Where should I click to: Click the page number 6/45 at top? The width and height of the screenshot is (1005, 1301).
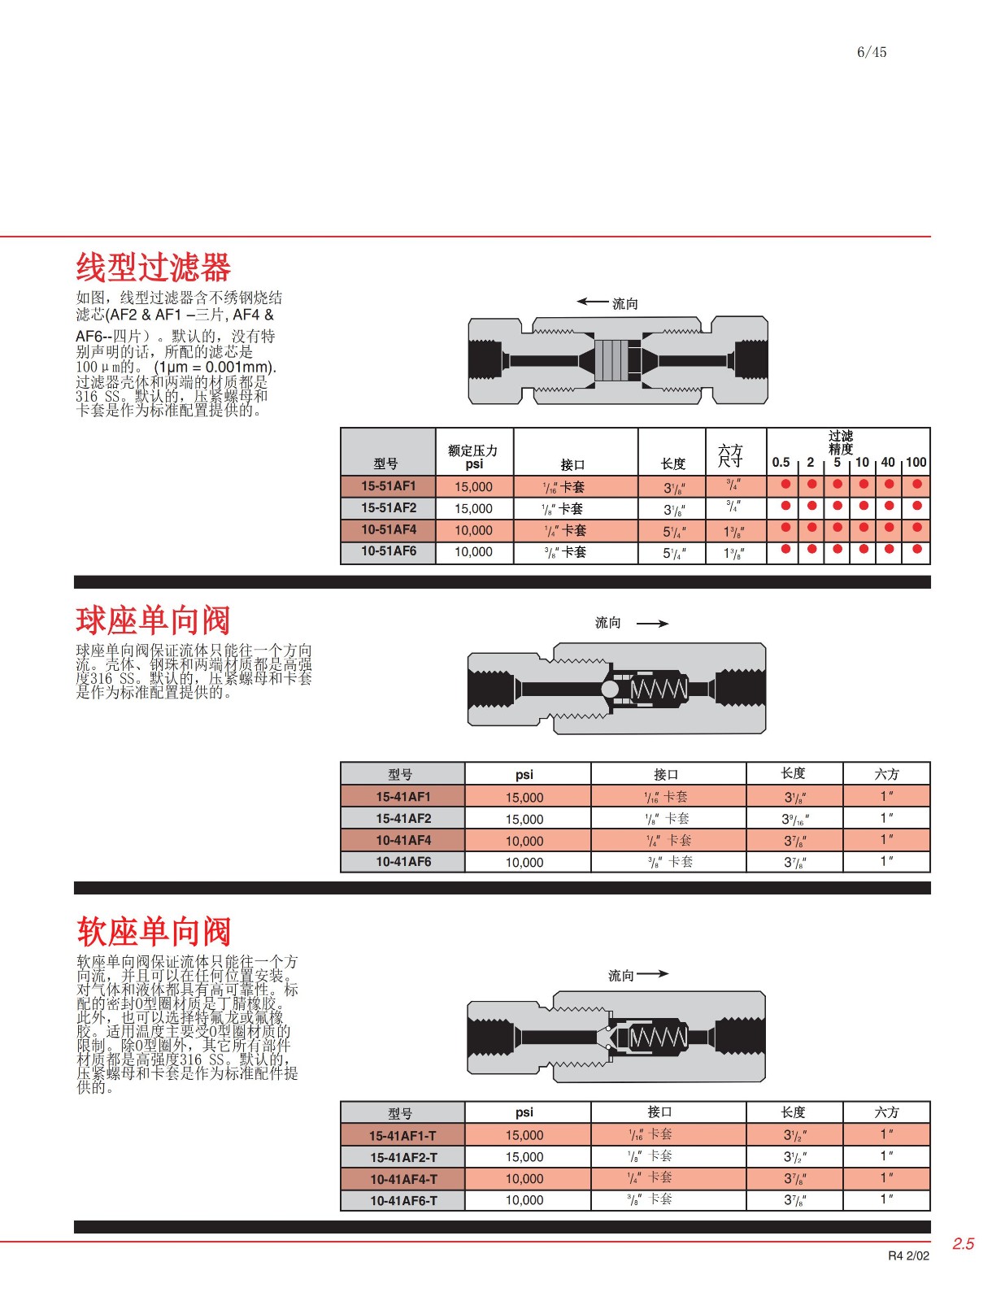(871, 52)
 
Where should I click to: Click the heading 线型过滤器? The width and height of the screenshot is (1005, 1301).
(153, 268)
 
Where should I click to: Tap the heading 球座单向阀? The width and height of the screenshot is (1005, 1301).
(153, 620)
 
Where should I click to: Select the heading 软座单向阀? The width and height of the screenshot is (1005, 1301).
(154, 931)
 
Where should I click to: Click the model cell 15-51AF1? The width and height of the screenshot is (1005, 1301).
(388, 486)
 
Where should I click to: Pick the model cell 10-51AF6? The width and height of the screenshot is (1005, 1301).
(388, 551)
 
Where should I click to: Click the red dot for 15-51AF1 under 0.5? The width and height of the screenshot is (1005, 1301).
(785, 485)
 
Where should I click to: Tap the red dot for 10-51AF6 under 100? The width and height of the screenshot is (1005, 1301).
(916, 550)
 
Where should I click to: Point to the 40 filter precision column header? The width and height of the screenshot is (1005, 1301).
(888, 462)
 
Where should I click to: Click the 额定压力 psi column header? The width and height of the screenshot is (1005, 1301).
(473, 457)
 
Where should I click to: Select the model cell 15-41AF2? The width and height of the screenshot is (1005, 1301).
(402, 819)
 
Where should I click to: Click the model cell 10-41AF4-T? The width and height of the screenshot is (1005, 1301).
(402, 1179)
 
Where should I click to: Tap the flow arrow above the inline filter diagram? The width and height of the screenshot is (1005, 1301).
(593, 302)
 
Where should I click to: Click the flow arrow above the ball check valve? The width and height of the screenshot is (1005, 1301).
(651, 624)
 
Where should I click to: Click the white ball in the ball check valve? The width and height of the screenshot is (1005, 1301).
(610, 690)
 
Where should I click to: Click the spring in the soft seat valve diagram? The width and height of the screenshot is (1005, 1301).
(658, 1037)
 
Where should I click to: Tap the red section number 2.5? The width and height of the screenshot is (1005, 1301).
(963, 1244)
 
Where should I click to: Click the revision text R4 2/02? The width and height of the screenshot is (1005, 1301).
(907, 1256)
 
